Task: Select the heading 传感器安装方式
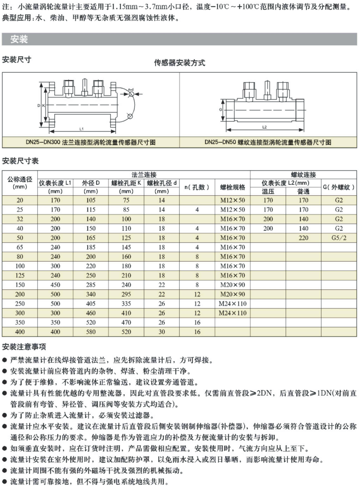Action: coord(179,63)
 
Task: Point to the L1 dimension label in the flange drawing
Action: coord(81,129)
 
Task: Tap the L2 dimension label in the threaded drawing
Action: coord(264,127)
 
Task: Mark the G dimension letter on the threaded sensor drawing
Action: coord(220,110)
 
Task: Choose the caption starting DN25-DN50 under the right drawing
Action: coord(268,142)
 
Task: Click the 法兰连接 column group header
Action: coord(144,175)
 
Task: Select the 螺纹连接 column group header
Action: coord(303,175)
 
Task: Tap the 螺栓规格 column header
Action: coord(232,187)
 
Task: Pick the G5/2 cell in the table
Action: coord(339,238)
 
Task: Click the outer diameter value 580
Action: coord(91,332)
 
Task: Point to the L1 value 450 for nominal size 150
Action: coord(55,285)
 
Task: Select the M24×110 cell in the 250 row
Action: coord(232,304)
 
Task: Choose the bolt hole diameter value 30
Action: coord(162,332)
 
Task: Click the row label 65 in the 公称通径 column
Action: coord(20,247)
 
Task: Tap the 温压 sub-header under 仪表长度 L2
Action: coord(268,192)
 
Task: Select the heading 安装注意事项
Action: coord(24,347)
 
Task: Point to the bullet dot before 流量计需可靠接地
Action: coord(4,482)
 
